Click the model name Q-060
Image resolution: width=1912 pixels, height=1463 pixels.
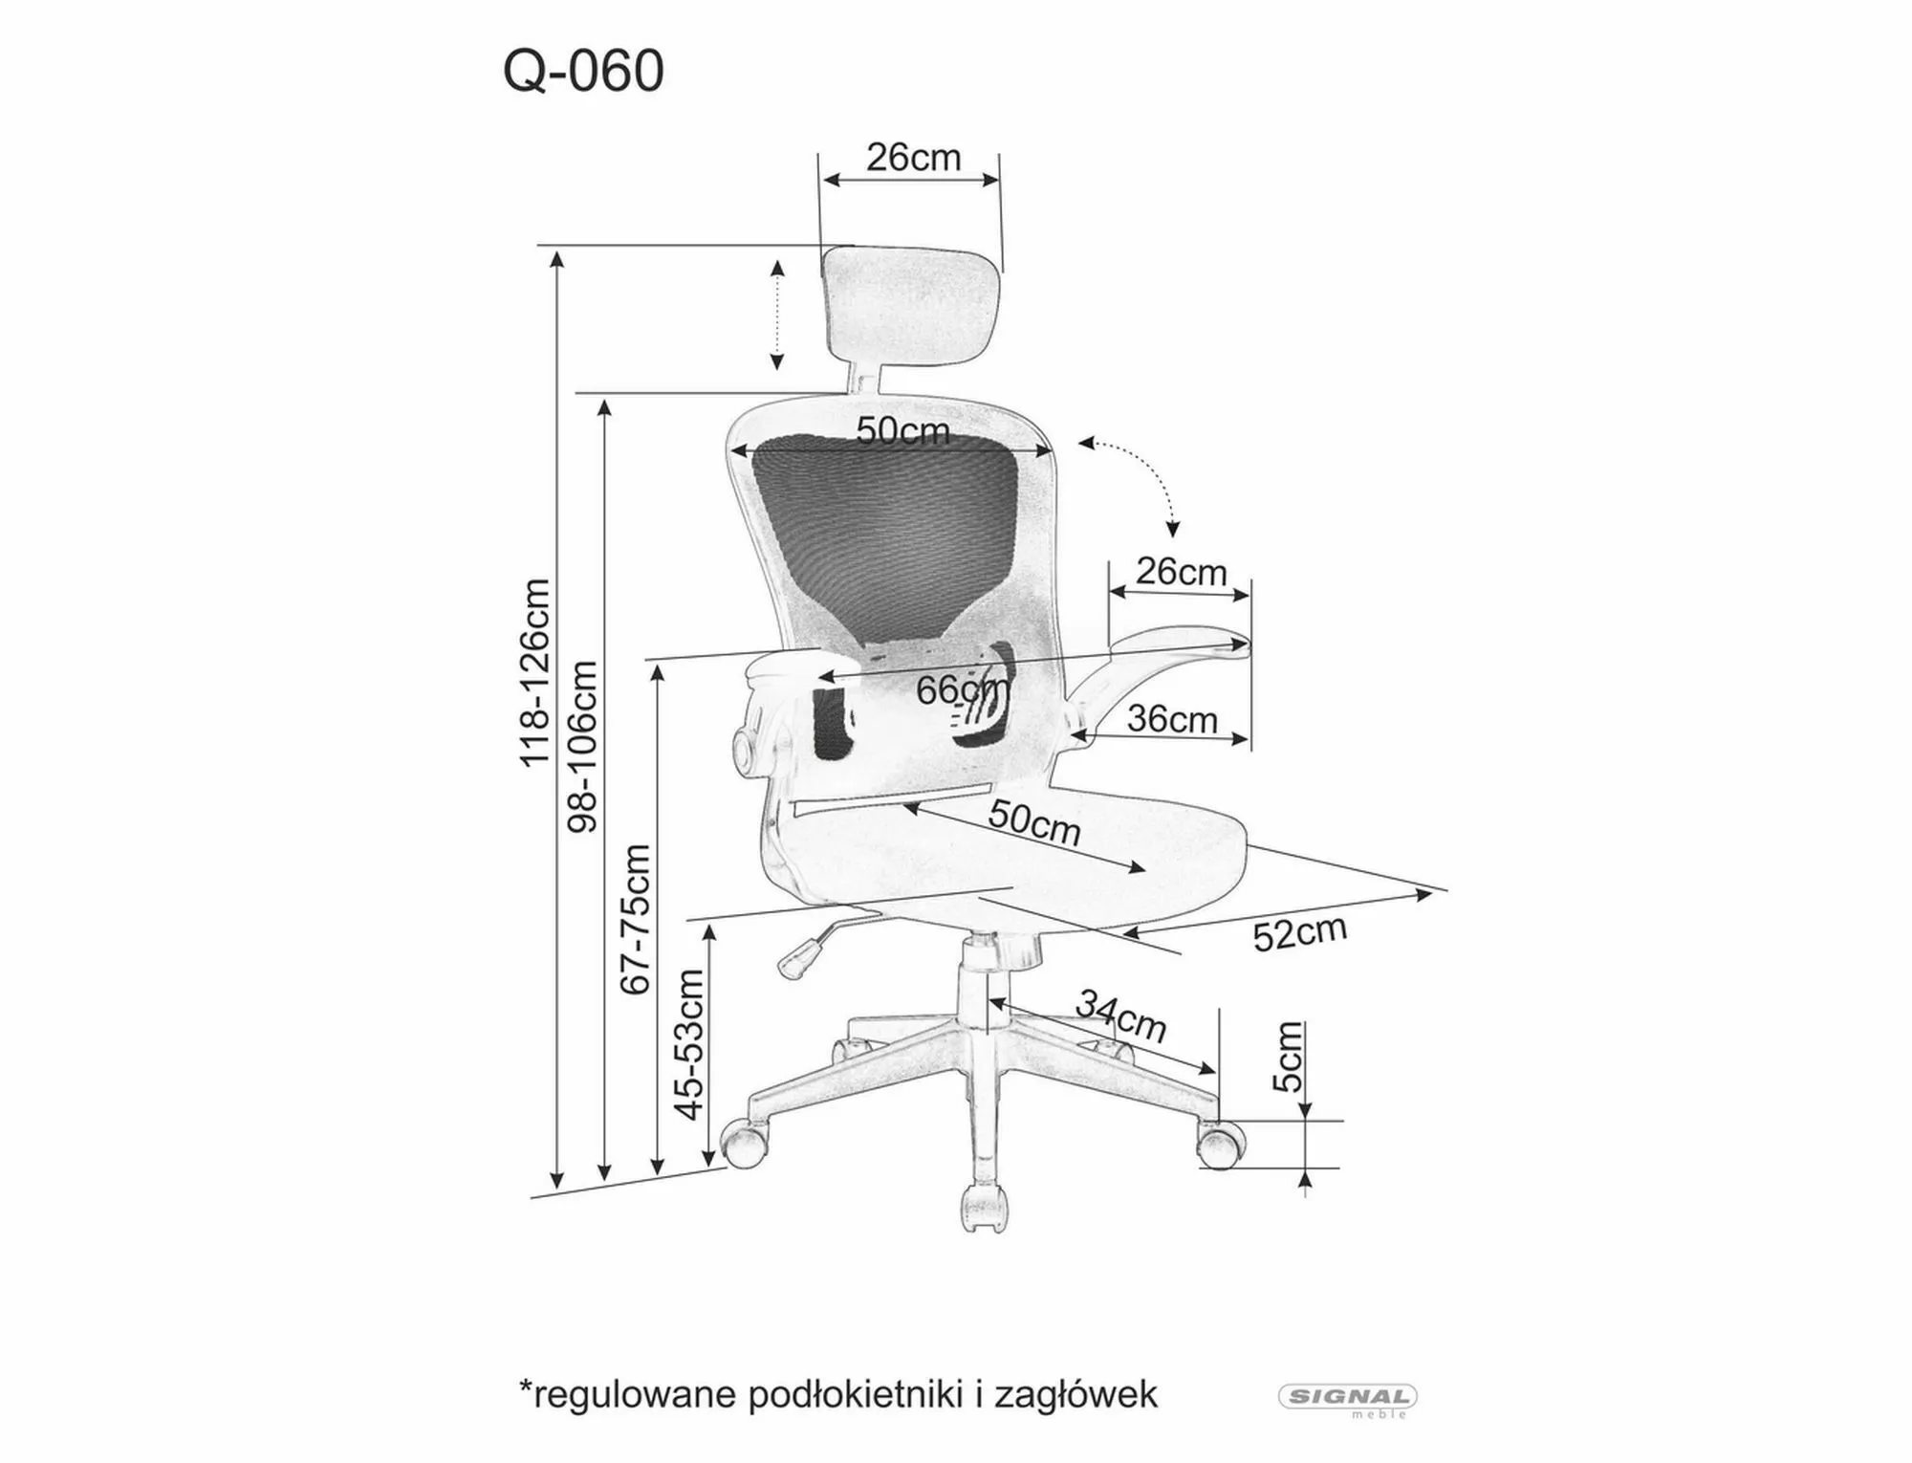(x=583, y=72)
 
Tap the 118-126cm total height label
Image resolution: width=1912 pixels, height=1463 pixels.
(x=535, y=672)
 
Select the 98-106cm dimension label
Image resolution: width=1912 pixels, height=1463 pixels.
(x=582, y=746)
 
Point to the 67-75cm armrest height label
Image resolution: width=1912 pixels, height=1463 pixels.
(x=636, y=919)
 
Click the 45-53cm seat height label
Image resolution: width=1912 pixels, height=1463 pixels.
(x=689, y=1043)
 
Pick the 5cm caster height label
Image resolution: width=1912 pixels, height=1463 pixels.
(x=1288, y=1057)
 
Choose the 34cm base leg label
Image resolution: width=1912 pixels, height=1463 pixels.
(x=1120, y=1017)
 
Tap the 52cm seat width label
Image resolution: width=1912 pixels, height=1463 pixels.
(x=1300, y=933)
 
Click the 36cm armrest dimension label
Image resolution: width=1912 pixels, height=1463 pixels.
(x=1172, y=719)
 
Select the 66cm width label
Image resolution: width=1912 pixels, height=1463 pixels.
(x=961, y=689)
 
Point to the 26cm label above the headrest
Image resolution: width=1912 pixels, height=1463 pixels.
(x=913, y=158)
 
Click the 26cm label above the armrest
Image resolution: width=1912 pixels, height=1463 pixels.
(x=1181, y=573)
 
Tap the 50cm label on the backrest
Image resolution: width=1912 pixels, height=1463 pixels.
(x=902, y=431)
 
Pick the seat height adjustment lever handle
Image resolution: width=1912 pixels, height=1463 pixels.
(x=799, y=956)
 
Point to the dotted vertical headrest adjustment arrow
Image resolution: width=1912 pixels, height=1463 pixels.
(x=777, y=315)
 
